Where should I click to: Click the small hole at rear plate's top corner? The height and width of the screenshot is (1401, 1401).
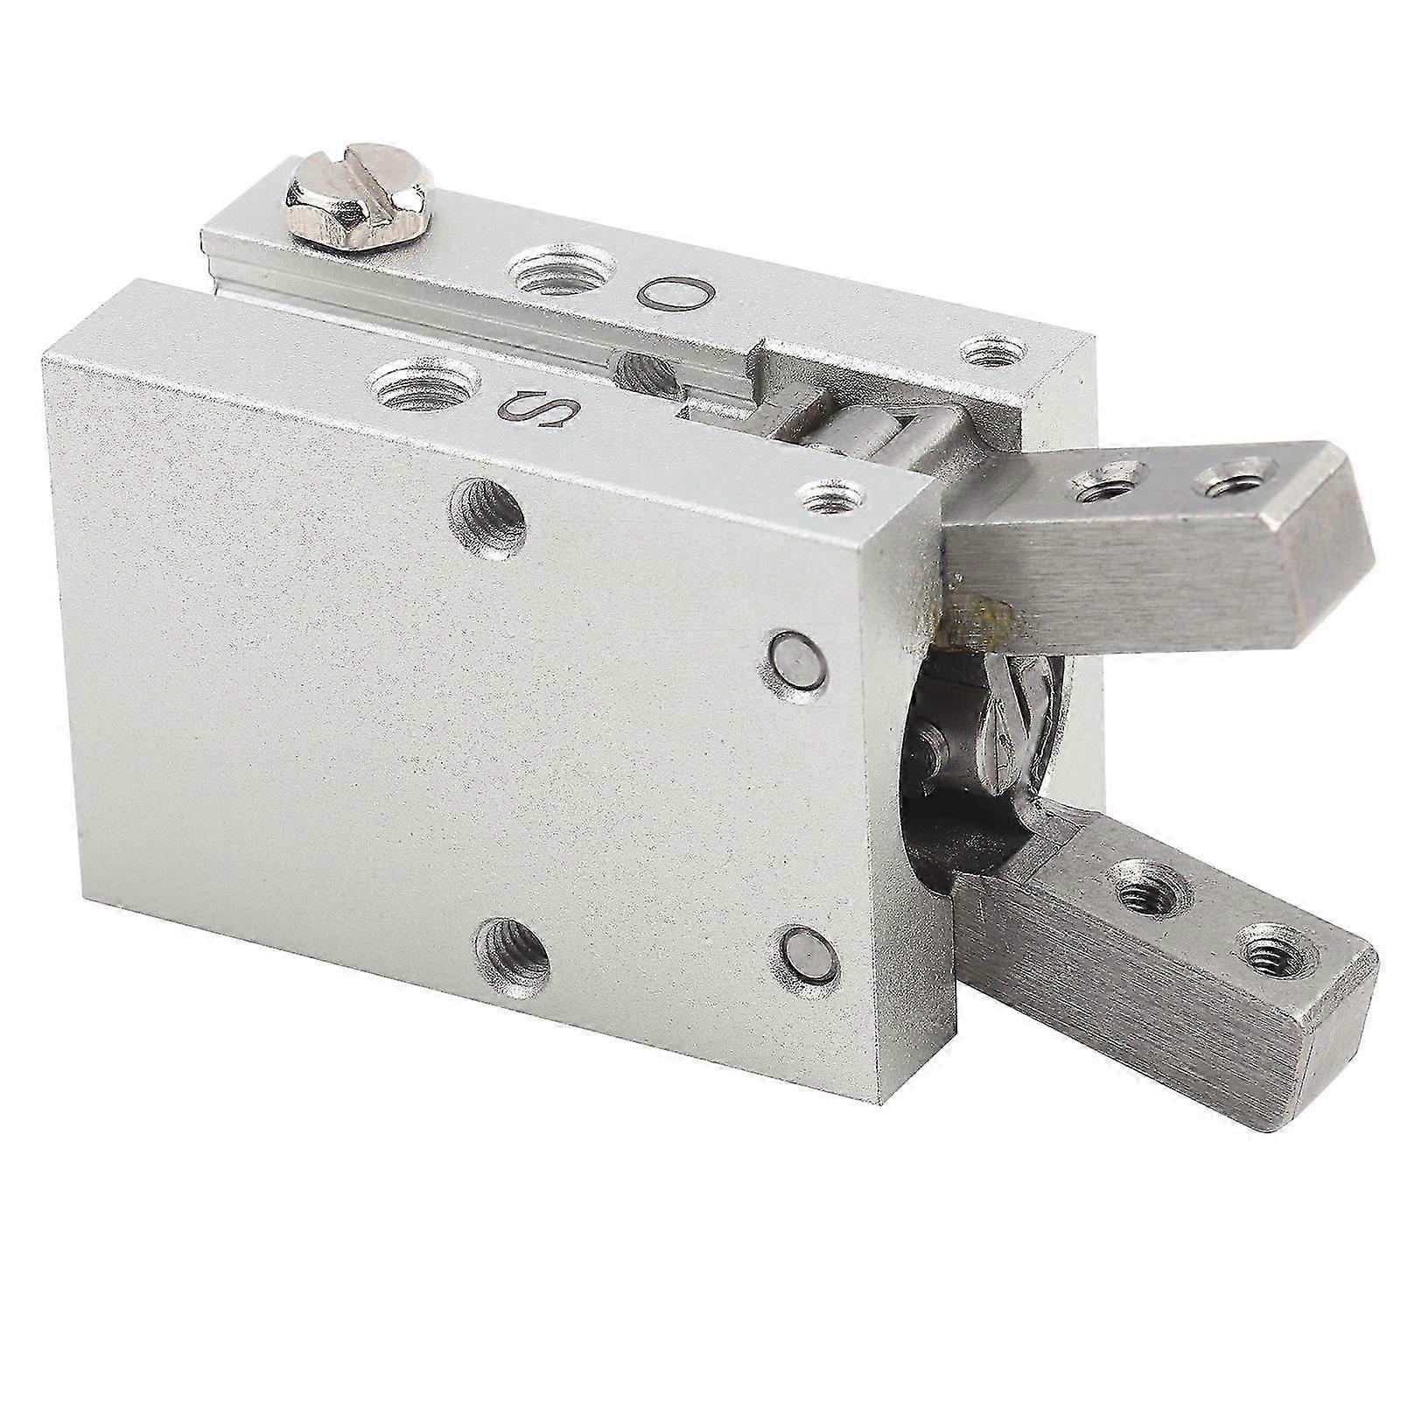pyautogui.click(x=992, y=352)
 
